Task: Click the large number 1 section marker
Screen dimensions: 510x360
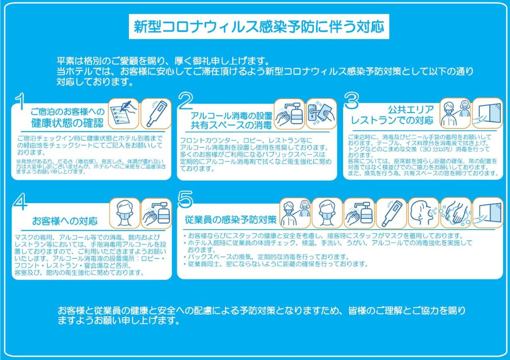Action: [x=20, y=101]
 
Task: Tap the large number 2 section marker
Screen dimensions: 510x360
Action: [x=186, y=100]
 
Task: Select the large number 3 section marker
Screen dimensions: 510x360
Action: [x=351, y=100]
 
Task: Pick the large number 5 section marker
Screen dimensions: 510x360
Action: [x=186, y=199]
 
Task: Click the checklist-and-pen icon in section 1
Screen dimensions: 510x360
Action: [x=124, y=114]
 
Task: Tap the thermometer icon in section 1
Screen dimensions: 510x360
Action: [x=156, y=114]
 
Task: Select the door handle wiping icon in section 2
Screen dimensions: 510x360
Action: [x=321, y=114]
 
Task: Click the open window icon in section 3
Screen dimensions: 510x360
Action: [x=488, y=113]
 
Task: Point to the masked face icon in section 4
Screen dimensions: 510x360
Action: [x=124, y=213]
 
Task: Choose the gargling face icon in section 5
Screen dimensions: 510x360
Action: [x=423, y=213]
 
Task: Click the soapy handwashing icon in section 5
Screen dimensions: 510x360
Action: [x=456, y=213]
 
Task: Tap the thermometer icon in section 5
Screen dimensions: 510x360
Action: [x=391, y=213]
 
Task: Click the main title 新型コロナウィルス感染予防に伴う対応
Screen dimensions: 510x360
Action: [x=259, y=27]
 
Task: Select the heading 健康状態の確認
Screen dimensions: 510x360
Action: [x=67, y=123]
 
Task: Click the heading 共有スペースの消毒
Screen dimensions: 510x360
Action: [x=231, y=125]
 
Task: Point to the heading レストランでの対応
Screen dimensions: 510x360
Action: [x=392, y=120]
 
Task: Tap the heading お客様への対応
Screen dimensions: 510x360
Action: [x=65, y=221]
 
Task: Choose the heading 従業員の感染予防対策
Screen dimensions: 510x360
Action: [x=231, y=220]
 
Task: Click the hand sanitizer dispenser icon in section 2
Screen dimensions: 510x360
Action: [x=289, y=114]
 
